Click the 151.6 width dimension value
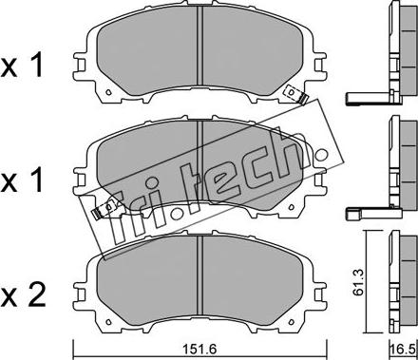point(199,350)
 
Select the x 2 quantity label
point(23,296)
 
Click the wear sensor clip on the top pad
point(296,94)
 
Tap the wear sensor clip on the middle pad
point(104,210)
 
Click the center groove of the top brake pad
point(199,46)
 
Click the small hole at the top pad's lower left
point(108,92)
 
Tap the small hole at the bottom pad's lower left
point(108,321)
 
